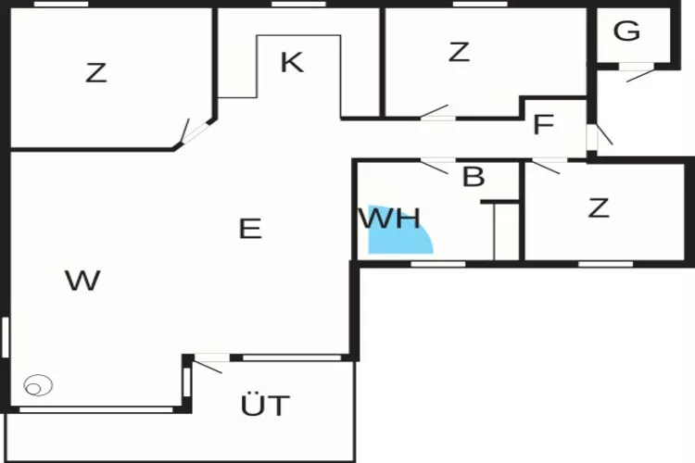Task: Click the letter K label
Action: [292, 62]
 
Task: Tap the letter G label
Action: [626, 31]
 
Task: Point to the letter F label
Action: [544, 124]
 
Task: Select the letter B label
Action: [474, 176]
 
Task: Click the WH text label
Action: [389, 219]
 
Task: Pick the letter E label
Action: [250, 229]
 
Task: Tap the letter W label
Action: [82, 281]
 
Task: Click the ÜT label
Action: [265, 404]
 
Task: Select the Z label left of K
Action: [96, 73]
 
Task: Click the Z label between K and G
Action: [459, 52]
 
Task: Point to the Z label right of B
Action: [599, 207]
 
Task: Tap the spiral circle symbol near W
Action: [38, 385]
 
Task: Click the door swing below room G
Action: [640, 75]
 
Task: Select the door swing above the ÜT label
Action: [208, 368]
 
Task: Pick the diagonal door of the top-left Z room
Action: [196, 132]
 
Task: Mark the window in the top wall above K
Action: [298, 4]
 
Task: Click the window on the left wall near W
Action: [6, 337]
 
